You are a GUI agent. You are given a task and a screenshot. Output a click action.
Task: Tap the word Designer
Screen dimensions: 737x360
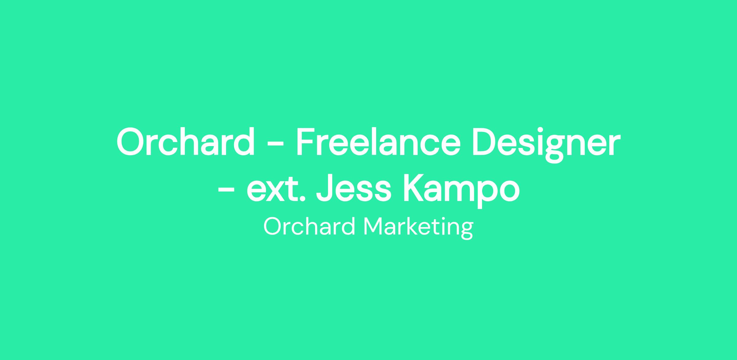[x=545, y=144]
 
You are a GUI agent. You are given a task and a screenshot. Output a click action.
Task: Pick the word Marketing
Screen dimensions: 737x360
[x=418, y=228]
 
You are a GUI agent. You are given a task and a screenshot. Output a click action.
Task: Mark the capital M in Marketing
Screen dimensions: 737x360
[x=374, y=226]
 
